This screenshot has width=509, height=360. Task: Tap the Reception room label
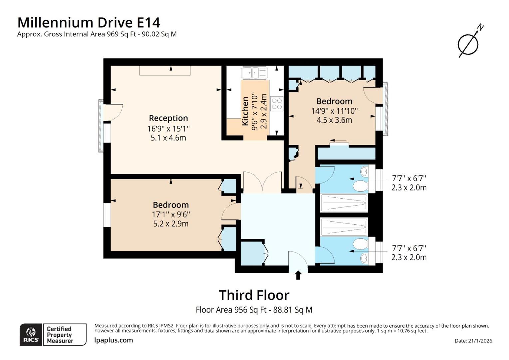point(168,118)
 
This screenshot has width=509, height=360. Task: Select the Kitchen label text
point(245,111)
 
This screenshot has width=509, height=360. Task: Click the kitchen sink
point(254,73)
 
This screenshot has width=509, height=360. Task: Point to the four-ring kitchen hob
point(277,104)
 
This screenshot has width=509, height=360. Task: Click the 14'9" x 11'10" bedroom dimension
point(334,111)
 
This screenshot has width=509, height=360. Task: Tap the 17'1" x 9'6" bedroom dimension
point(171,214)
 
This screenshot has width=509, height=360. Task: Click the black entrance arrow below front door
point(298,275)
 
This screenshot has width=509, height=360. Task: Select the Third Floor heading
point(254,295)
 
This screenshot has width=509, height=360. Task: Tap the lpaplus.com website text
point(113,340)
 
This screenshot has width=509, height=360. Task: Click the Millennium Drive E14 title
point(89,23)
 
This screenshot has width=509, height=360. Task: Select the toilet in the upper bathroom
point(361,186)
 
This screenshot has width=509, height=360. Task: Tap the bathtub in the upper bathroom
point(344,203)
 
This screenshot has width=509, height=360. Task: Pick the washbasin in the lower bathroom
point(364,258)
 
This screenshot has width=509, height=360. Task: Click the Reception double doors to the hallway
point(262,181)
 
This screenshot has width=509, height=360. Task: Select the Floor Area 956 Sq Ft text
point(231,310)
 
